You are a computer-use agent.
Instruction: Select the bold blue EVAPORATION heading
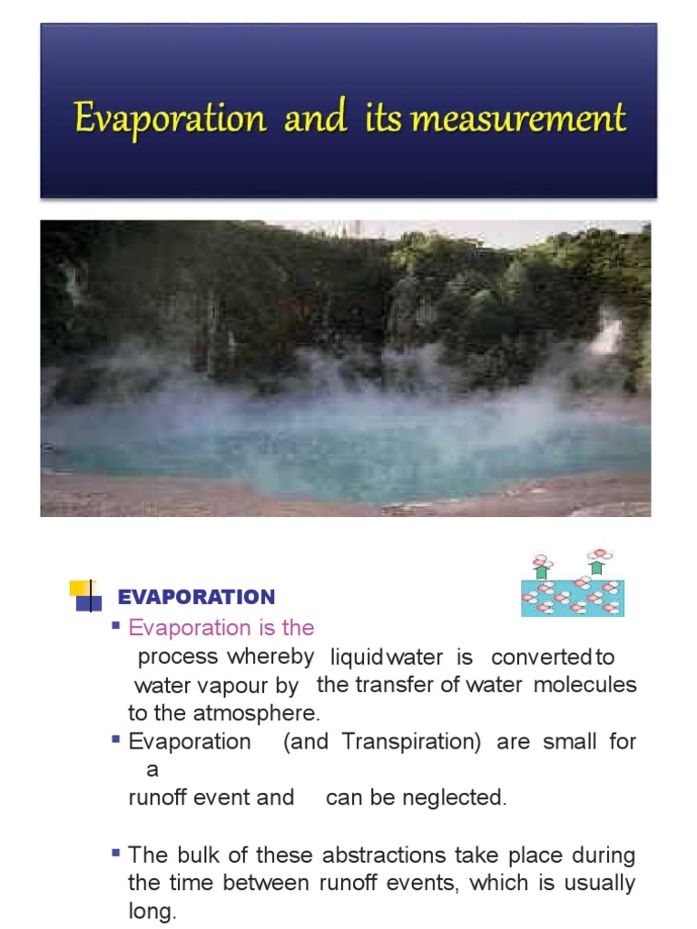196,597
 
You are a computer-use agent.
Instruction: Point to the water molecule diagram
573,583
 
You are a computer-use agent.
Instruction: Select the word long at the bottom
150,912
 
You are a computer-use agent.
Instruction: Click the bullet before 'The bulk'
116,853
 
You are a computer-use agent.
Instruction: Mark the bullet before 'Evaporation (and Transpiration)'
116,739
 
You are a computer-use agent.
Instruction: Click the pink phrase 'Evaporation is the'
221,628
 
